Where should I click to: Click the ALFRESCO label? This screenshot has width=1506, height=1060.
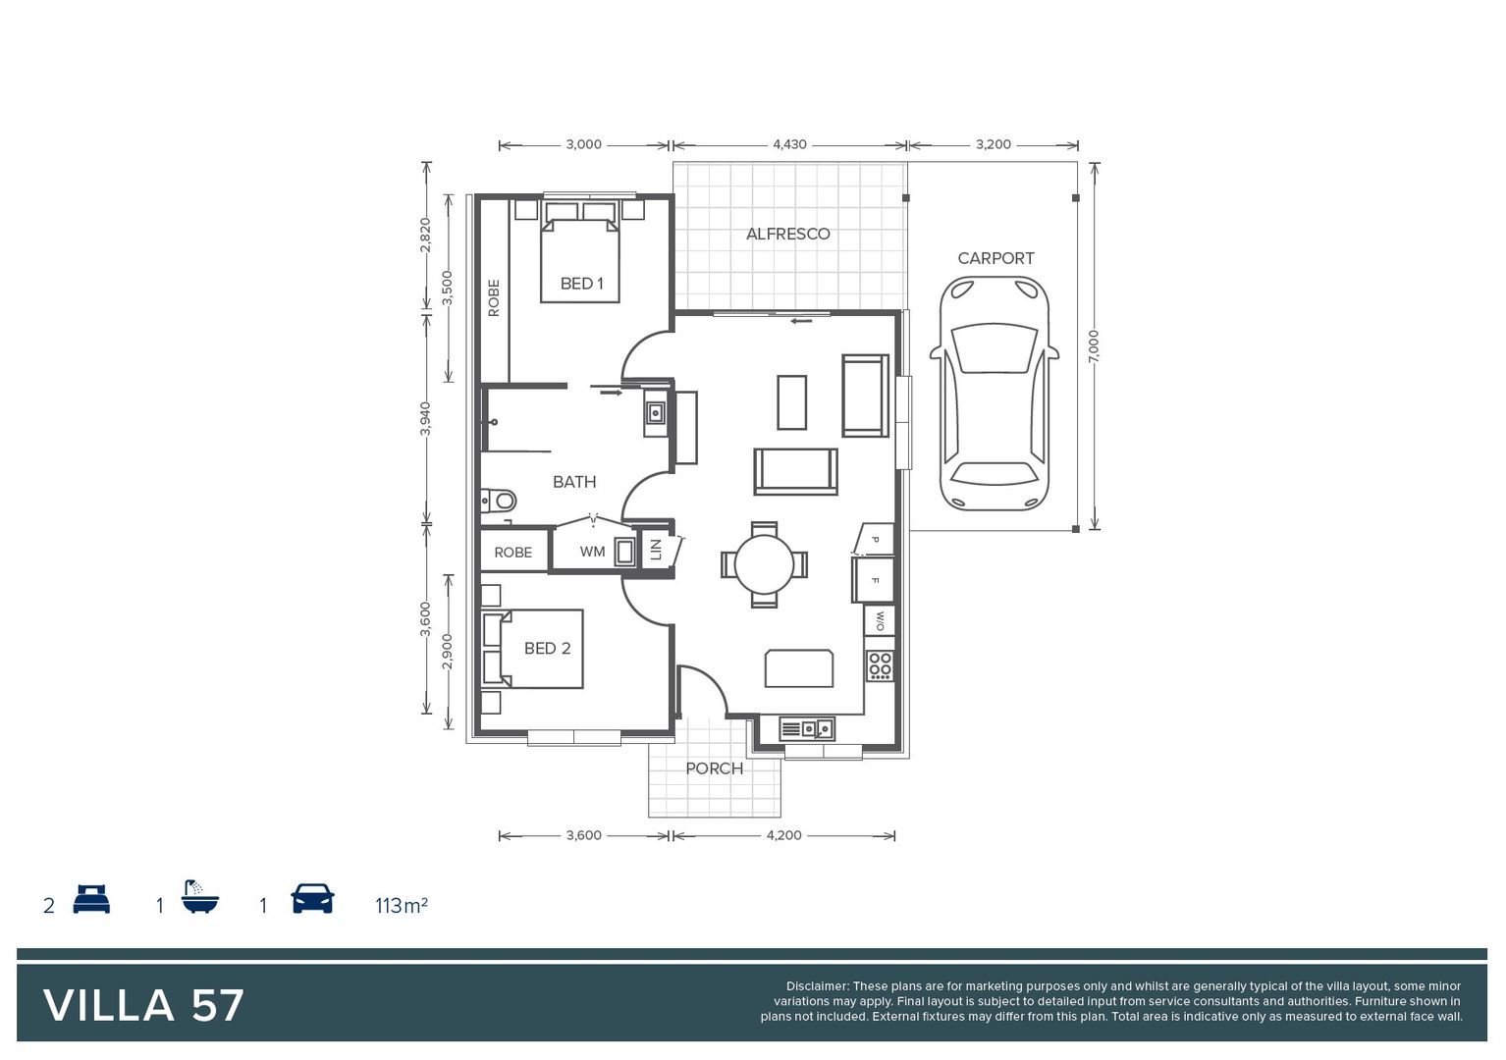pyautogui.click(x=787, y=234)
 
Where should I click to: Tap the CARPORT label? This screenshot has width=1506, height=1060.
pyautogui.click(x=995, y=258)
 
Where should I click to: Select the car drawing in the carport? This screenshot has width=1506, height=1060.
pyautogui.click(x=994, y=394)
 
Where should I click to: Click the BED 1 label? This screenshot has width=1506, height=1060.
pyautogui.click(x=581, y=284)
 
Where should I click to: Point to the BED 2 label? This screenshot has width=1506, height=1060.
pyautogui.click(x=547, y=649)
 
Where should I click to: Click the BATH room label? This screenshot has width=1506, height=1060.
pyautogui.click(x=574, y=482)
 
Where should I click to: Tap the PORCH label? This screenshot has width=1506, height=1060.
pyautogui.click(x=714, y=768)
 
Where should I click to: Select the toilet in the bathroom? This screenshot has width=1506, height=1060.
pyautogui.click(x=500, y=502)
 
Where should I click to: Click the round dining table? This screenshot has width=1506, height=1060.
pyautogui.click(x=764, y=564)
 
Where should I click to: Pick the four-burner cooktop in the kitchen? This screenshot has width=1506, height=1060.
pyautogui.click(x=880, y=665)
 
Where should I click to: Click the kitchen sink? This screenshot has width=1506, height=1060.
pyautogui.click(x=809, y=728)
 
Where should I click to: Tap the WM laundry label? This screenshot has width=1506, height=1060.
pyautogui.click(x=592, y=552)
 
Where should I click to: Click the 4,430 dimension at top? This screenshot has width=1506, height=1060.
pyautogui.click(x=789, y=144)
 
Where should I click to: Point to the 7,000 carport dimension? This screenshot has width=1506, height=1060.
pyautogui.click(x=1094, y=345)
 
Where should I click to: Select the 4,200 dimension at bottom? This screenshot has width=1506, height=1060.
pyautogui.click(x=783, y=835)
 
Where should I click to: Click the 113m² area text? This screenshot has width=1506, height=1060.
pyautogui.click(x=401, y=905)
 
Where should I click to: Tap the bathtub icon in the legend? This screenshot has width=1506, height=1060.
pyautogui.click(x=200, y=897)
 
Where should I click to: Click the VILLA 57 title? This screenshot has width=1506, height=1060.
pyautogui.click(x=143, y=1005)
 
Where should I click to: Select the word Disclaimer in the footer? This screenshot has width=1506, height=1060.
pyautogui.click(x=817, y=986)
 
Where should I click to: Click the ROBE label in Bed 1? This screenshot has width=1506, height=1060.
pyautogui.click(x=494, y=297)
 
